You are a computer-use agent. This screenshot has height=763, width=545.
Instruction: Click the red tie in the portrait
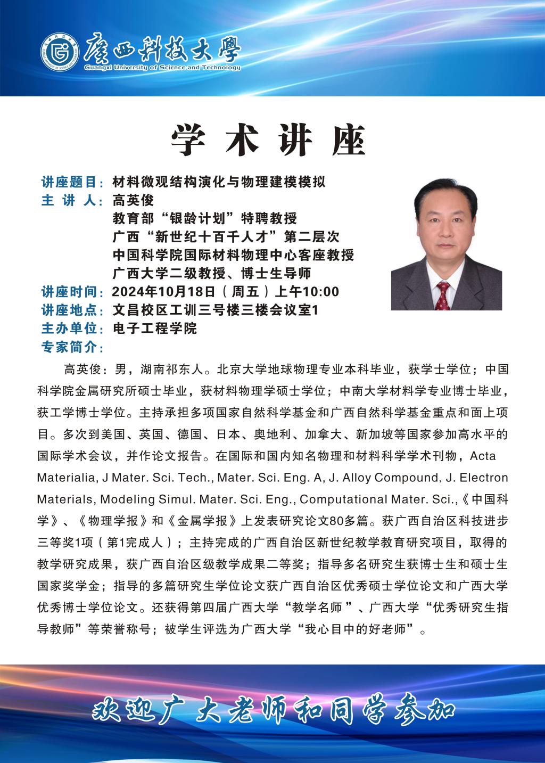point(442,296)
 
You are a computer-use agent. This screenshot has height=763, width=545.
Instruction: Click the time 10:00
point(322,292)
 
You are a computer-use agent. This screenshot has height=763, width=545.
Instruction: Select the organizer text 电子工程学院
point(155,328)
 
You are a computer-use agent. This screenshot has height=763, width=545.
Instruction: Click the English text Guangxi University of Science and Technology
point(162,68)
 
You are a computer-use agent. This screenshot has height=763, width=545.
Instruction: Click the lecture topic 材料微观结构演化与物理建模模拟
point(219,183)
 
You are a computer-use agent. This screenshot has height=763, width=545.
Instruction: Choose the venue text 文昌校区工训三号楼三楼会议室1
point(216,310)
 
